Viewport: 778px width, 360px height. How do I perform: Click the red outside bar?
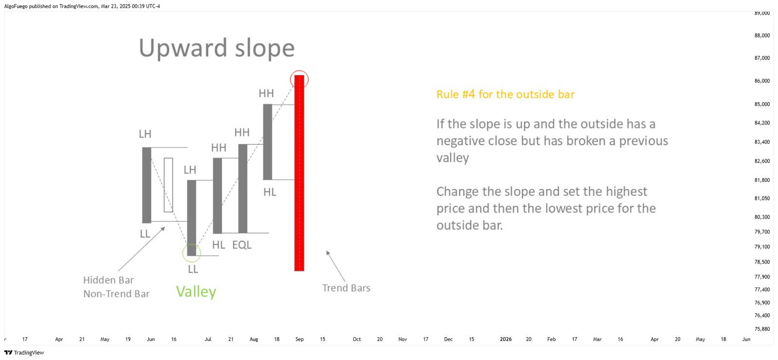[x=299, y=173]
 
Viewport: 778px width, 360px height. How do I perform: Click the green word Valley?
[x=196, y=291]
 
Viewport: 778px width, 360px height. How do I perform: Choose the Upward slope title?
[x=217, y=48]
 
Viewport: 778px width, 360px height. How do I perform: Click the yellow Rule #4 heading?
[x=505, y=94]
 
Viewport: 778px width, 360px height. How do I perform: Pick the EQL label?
[x=242, y=245]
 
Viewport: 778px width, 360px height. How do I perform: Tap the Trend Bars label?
[x=346, y=288]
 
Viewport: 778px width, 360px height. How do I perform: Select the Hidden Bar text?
[x=108, y=280]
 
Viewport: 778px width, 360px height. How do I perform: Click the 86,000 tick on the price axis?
[x=762, y=81]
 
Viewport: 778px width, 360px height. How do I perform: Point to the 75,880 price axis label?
[x=762, y=329]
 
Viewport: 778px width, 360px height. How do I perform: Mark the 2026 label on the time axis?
[x=506, y=339]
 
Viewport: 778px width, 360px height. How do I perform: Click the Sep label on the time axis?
[x=300, y=339]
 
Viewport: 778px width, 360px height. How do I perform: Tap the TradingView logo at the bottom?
[x=24, y=353]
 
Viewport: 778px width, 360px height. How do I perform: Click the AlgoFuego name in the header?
[x=16, y=6]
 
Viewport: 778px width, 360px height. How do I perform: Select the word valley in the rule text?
[x=453, y=158]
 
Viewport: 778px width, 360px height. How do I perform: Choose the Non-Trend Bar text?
[x=116, y=294]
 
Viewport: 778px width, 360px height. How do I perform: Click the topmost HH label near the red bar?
[x=266, y=93]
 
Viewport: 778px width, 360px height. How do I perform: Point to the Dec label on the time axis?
[x=448, y=339]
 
